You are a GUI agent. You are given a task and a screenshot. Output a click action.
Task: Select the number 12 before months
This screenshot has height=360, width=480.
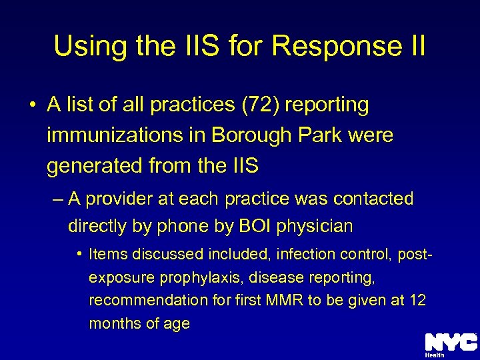(x=417, y=301)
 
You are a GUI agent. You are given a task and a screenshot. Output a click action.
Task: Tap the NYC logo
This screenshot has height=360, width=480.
(x=451, y=342)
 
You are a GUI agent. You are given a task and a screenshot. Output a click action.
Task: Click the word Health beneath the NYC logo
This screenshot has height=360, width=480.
(x=435, y=355)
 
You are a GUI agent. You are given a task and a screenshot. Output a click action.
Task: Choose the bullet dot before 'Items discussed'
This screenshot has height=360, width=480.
(x=79, y=254)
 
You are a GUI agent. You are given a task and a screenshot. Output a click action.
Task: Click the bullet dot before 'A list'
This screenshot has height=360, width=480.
(x=32, y=105)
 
